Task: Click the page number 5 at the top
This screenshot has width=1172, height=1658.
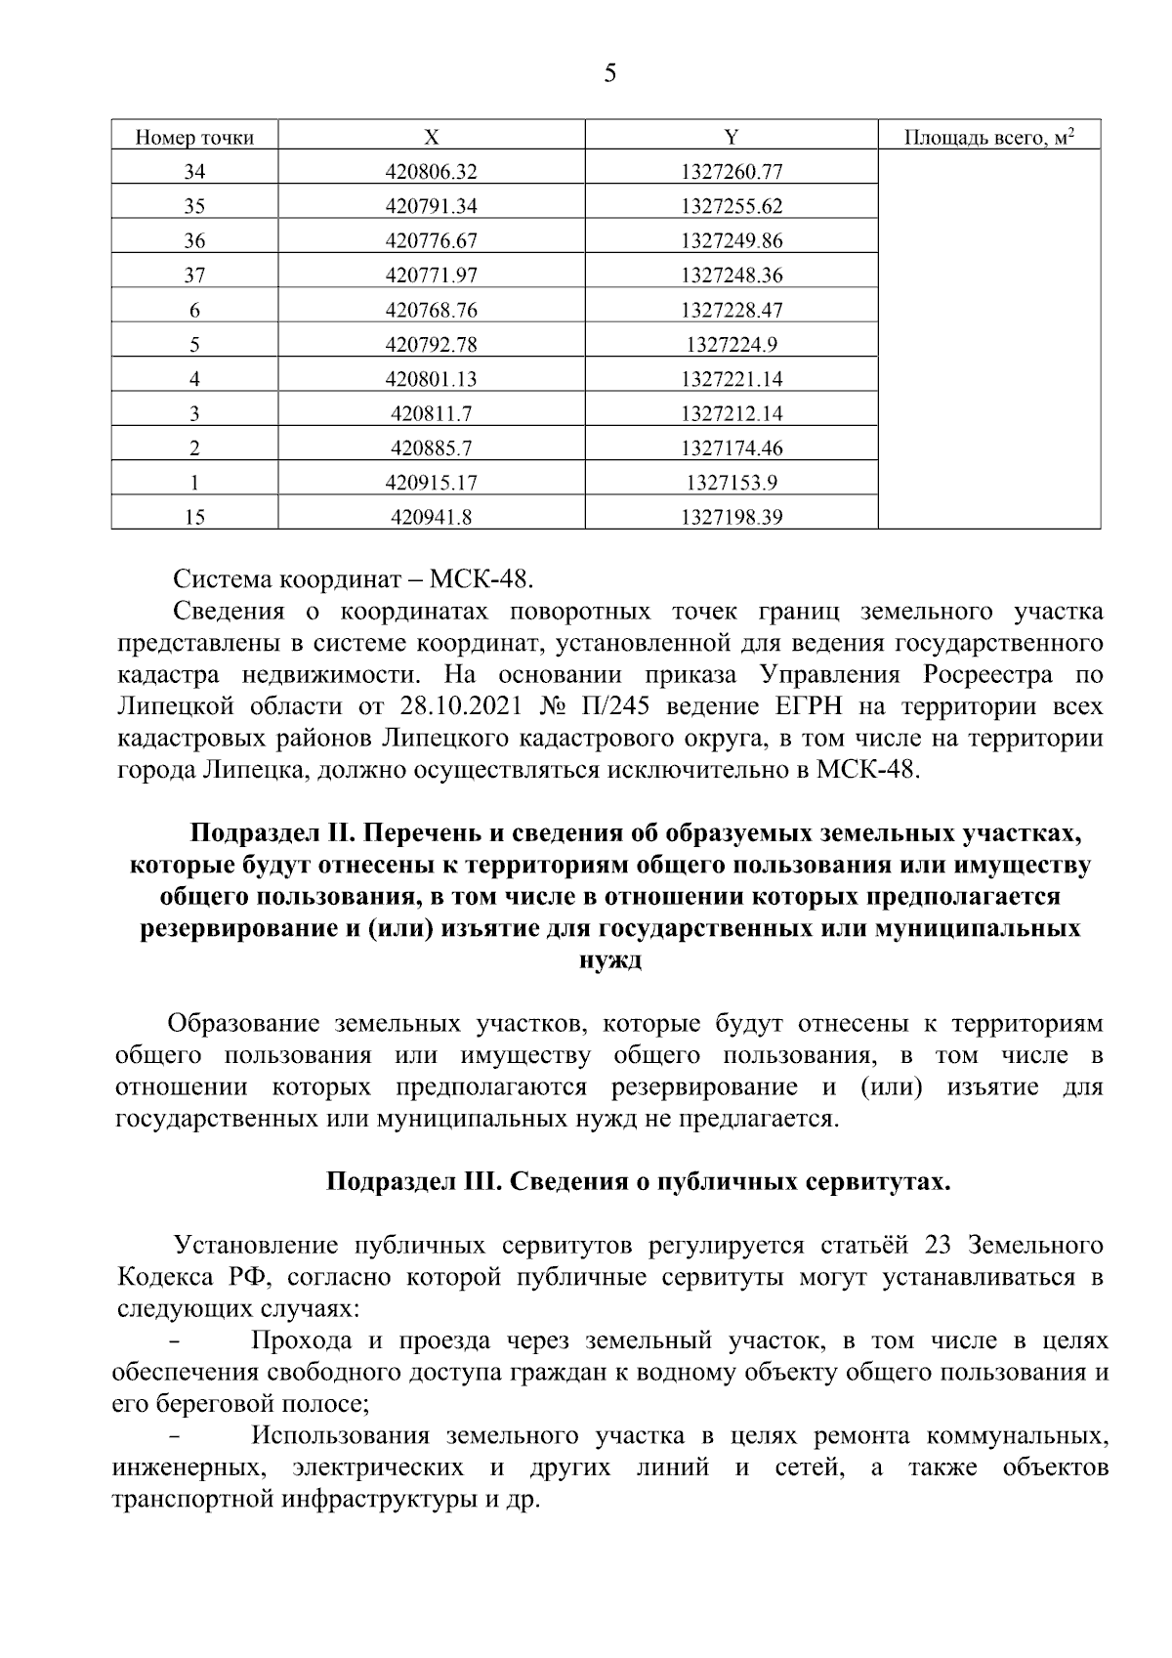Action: [x=609, y=74]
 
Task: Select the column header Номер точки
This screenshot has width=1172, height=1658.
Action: [x=194, y=138]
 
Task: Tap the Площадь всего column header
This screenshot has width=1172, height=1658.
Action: [x=988, y=137]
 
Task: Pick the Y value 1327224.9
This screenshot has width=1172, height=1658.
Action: [x=732, y=344]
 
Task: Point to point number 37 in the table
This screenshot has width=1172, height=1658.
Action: [x=194, y=276]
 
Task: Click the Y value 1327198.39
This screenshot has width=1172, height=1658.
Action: [x=732, y=518]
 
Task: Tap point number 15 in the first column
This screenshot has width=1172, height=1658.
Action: [x=194, y=518]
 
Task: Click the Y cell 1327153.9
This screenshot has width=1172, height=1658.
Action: [x=732, y=483]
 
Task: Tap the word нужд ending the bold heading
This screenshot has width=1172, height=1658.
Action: [x=610, y=959]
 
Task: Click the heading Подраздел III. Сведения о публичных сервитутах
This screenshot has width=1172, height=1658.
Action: [x=637, y=1182]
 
